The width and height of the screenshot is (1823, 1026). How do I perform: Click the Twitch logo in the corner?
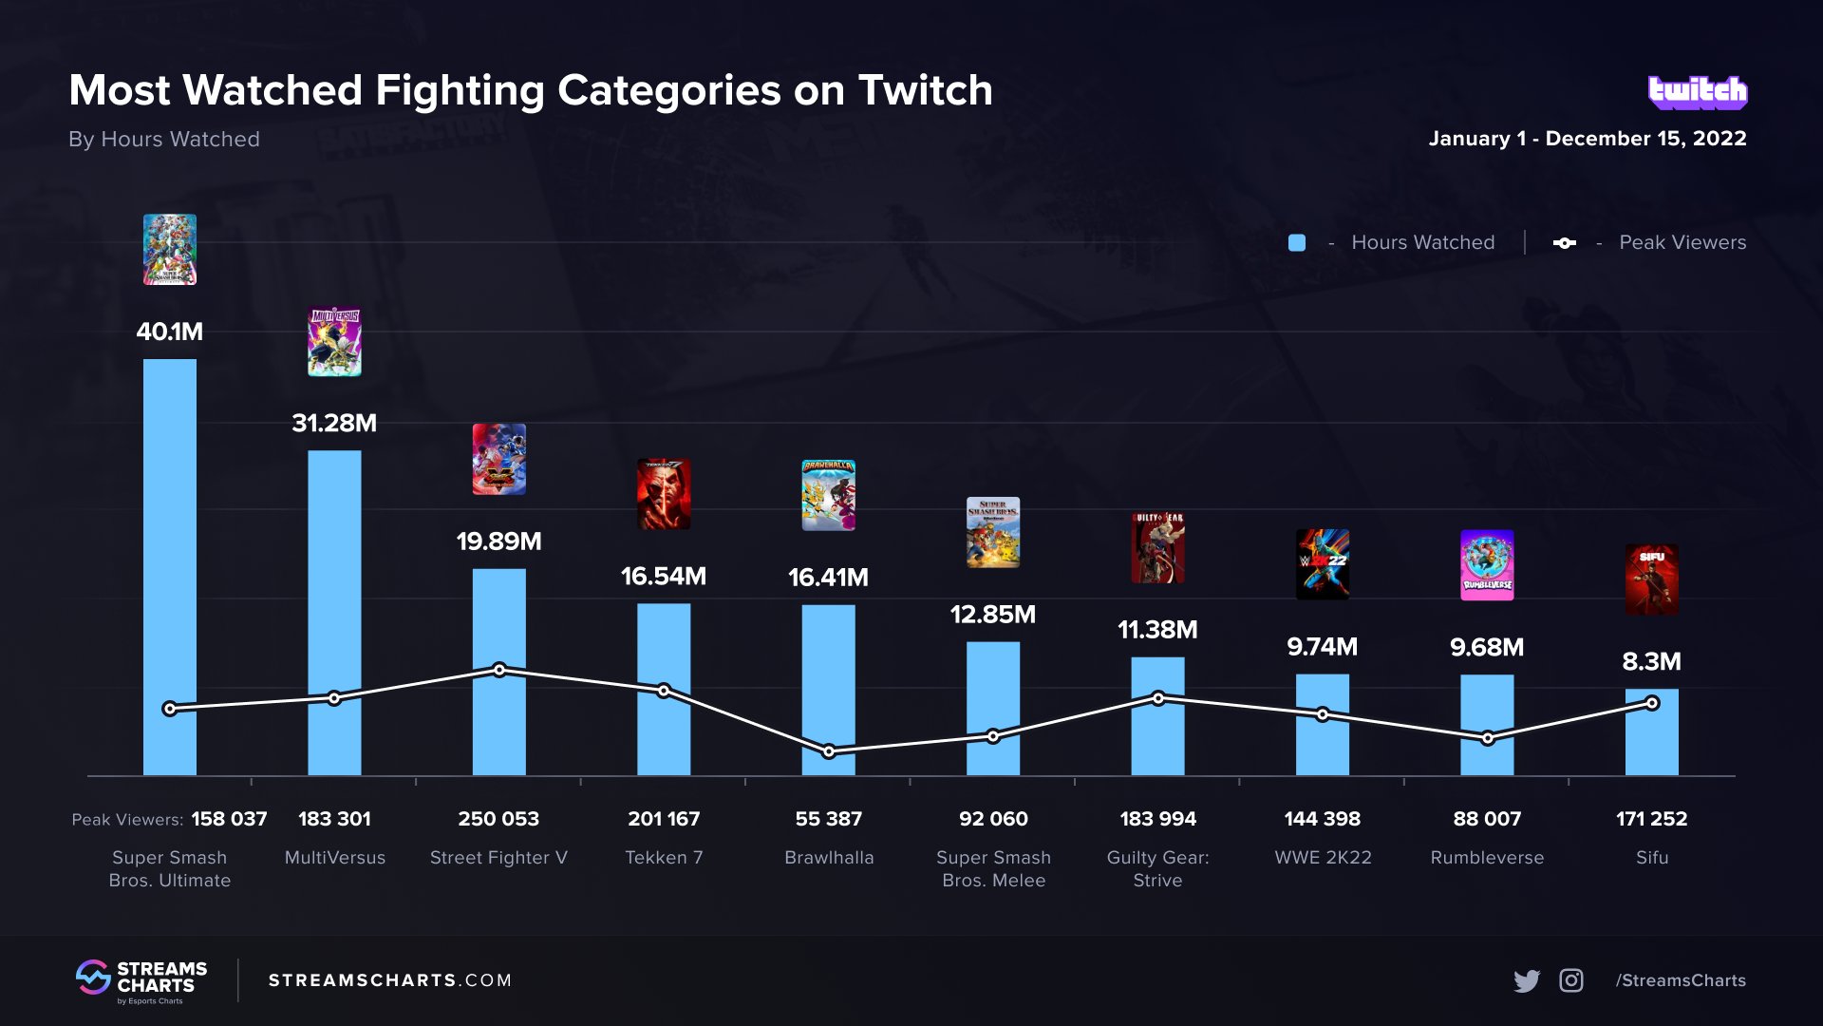tap(1698, 92)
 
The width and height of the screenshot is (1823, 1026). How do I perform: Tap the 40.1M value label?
tap(170, 332)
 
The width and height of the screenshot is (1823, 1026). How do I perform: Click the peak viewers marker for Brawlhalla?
tap(829, 751)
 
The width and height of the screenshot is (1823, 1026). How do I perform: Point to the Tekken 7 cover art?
tap(664, 494)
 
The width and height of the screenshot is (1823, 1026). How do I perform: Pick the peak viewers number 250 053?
tap(498, 819)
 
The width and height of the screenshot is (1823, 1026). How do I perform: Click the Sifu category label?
tap(1652, 858)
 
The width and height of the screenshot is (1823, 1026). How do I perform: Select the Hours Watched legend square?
tap(1297, 243)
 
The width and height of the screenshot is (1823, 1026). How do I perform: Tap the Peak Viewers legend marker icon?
tap(1564, 243)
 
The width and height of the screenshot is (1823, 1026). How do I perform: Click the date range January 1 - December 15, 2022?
tap(1588, 139)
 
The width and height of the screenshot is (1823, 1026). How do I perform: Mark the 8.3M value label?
tap(1651, 661)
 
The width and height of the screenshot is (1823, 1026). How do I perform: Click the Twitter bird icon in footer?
tap(1527, 980)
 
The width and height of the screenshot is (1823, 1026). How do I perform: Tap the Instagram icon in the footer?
tap(1571, 980)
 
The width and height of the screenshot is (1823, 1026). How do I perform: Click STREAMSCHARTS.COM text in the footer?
tap(390, 980)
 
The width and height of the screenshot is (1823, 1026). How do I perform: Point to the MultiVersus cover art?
tap(334, 342)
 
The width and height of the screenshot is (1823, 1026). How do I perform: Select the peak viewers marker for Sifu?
tap(1652, 703)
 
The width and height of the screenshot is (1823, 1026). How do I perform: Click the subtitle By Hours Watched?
tap(164, 140)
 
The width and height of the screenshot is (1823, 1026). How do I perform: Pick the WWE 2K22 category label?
tap(1323, 858)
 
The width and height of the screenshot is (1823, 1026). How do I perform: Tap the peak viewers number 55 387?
tap(829, 819)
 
